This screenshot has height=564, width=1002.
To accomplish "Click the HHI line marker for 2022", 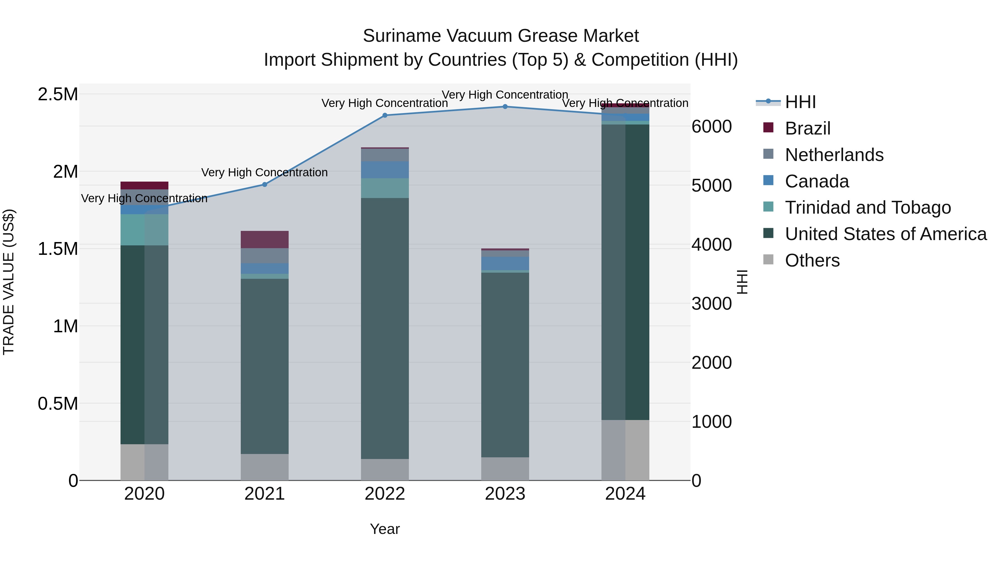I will (x=385, y=115).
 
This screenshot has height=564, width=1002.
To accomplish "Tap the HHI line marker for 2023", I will (x=505, y=106).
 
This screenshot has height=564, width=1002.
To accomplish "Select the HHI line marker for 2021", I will (x=264, y=184).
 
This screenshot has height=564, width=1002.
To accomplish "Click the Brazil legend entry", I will (x=807, y=128).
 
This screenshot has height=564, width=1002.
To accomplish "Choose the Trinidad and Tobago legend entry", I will (x=867, y=207).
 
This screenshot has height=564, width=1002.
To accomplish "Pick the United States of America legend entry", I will (x=885, y=234).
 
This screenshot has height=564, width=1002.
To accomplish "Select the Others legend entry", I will (x=812, y=260).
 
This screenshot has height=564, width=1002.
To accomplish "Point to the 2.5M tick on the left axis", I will (x=58, y=94).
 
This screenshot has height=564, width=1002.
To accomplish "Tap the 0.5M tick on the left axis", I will (x=58, y=404).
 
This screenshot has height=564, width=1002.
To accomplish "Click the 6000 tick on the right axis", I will (x=711, y=126).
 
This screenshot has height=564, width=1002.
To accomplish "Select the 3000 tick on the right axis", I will (x=711, y=304).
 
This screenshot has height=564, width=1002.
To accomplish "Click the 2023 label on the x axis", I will (x=505, y=494).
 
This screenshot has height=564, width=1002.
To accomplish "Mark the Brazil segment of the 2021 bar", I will (x=264, y=239).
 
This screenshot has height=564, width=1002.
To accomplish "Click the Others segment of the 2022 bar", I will (x=385, y=469).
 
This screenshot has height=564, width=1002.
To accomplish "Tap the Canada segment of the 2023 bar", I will (x=505, y=263).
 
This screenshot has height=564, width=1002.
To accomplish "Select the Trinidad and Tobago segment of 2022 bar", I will (x=385, y=188).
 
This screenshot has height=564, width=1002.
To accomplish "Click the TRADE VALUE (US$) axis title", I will (x=9, y=282).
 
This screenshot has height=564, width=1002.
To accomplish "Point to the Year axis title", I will (x=385, y=529).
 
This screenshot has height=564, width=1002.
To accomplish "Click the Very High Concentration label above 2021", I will (x=264, y=172).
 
